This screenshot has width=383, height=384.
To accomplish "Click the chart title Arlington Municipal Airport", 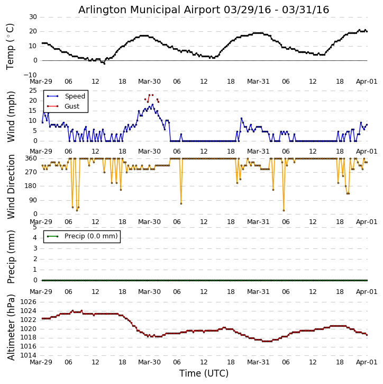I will pyautogui.click(x=204, y=10).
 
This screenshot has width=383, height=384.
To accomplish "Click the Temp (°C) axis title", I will pyautogui.click(x=11, y=46).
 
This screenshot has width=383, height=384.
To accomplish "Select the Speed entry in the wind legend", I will pyautogui.click(x=75, y=96).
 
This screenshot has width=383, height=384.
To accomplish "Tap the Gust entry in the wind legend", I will pyautogui.click(x=71, y=106).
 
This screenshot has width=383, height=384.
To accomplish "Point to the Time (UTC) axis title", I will pyautogui.click(x=204, y=373).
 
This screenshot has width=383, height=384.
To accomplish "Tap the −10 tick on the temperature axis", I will pyautogui.click(x=30, y=75).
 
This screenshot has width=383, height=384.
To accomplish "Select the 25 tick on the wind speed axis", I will pyautogui.click(x=33, y=91).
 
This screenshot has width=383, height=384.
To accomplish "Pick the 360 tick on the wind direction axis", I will pyautogui.click(x=31, y=158).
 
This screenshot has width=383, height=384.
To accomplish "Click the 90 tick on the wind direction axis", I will pyautogui.click(x=33, y=200).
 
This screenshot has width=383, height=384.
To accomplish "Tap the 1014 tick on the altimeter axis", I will pyautogui.click(x=28, y=355).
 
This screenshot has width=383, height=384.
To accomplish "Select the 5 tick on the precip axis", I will pyautogui.click(x=34, y=227).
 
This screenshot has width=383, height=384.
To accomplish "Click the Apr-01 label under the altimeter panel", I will pyautogui.click(x=366, y=362).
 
